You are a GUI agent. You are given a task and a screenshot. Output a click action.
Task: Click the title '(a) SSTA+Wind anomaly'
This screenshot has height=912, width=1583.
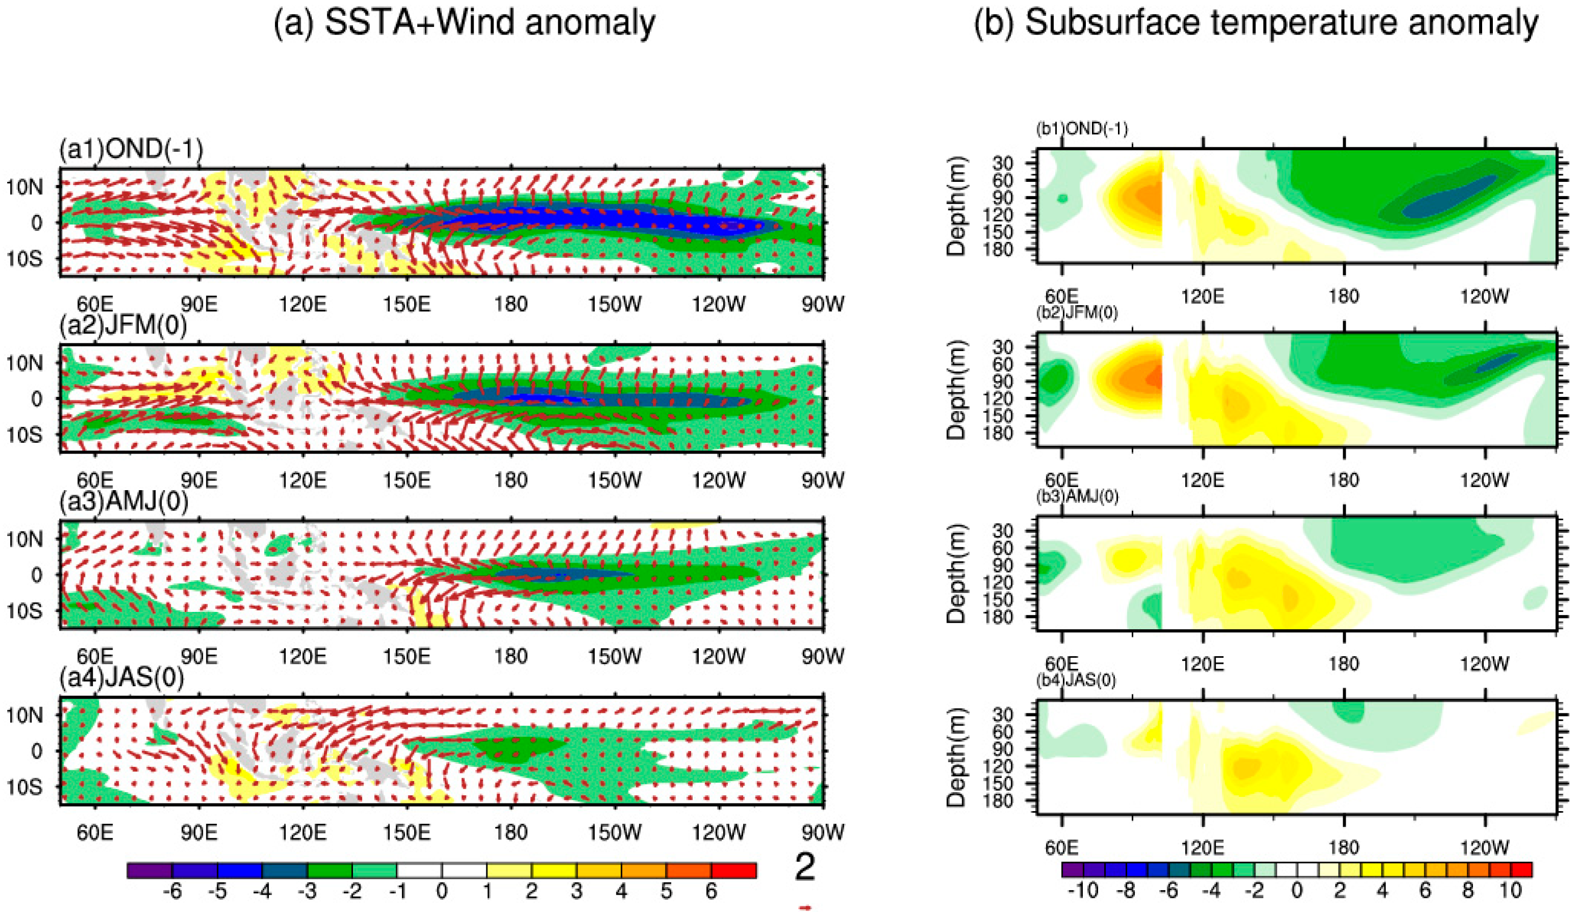(x=464, y=23)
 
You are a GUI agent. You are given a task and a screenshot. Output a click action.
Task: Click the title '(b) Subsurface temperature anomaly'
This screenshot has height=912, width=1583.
(x=1256, y=23)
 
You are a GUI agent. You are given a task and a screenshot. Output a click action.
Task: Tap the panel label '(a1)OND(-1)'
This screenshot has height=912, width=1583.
(x=131, y=150)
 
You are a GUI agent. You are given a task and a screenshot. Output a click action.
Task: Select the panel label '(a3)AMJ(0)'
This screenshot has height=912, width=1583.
(x=123, y=502)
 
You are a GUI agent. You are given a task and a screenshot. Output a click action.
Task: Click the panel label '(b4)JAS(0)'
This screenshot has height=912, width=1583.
(x=1076, y=680)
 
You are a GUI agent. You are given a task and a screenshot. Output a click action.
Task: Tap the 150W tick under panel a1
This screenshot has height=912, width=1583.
(x=614, y=304)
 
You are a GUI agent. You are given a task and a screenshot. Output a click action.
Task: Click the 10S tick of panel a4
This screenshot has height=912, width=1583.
(x=25, y=787)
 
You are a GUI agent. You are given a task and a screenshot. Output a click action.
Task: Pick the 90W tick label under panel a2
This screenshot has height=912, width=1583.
(x=823, y=480)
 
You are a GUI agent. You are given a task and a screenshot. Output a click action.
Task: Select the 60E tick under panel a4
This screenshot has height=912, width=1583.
(x=95, y=833)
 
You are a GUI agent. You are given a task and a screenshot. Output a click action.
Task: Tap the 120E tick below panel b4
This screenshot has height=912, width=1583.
(x=1203, y=848)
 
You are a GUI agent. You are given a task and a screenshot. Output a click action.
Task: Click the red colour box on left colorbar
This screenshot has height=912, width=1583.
(x=734, y=871)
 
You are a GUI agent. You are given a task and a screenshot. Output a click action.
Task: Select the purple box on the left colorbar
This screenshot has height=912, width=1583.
(x=149, y=871)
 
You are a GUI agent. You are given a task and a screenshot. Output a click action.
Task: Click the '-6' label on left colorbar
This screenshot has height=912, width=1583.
(x=172, y=891)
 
